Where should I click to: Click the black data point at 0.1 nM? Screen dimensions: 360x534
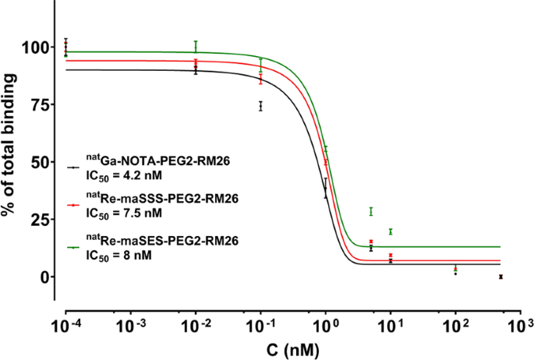pyautogui.click(x=260, y=106)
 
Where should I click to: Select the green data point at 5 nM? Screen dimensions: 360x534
pyautogui.click(x=371, y=211)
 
